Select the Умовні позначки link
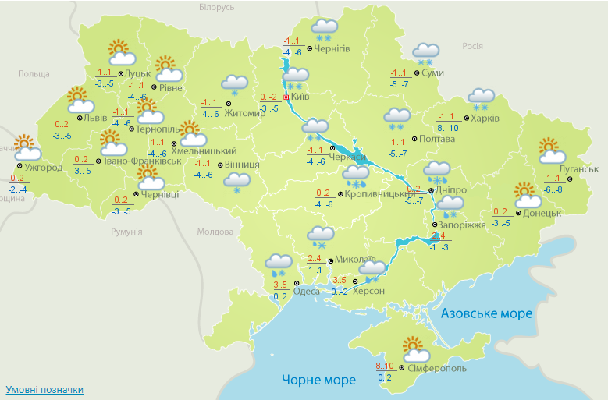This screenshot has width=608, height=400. (x=44, y=389)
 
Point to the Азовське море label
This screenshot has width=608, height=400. (x=486, y=313)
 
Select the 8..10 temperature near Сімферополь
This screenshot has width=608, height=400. (x=384, y=365)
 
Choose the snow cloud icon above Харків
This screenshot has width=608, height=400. (x=482, y=99)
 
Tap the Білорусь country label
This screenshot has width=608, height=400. (x=216, y=7)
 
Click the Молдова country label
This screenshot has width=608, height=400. (x=215, y=232)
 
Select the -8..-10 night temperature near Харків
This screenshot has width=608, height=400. (x=448, y=128)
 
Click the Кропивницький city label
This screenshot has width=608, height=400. (x=379, y=193)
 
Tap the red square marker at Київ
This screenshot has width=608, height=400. (x=286, y=97)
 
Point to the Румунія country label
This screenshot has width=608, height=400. (x=126, y=232)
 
